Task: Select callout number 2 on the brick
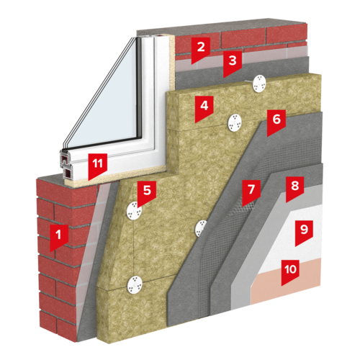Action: [201, 49]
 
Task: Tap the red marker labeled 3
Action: [233, 63]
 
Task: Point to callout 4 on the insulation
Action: [204, 108]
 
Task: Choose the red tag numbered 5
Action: [147, 193]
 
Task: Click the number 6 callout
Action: [276, 122]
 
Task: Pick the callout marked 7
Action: [251, 192]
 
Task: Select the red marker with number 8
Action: [295, 189]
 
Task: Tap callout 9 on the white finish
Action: [304, 233]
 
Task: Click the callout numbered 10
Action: [290, 271]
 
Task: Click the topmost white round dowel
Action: [259, 84]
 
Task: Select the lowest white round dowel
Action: [135, 285]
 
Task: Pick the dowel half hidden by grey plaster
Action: [200, 228]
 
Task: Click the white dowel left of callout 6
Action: [235, 123]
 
